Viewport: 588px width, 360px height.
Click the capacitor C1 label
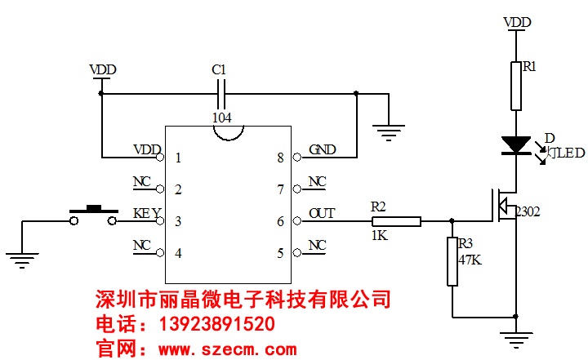pos(218,70)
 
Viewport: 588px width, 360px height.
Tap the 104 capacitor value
pos(221,118)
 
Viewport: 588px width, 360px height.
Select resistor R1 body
pos(516,86)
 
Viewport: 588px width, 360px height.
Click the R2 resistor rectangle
pos(398,220)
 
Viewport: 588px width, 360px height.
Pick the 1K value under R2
pos(380,235)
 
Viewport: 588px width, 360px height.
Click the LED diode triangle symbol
pos(516,145)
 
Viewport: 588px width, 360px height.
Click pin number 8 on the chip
pos(280,158)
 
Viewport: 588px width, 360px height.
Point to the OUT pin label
pos(322,214)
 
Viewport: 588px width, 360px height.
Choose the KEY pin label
pos(146,214)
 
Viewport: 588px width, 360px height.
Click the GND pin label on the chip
pos(322,150)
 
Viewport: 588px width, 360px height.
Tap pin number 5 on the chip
pos(280,253)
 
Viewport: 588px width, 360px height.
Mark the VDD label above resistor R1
pos(517,22)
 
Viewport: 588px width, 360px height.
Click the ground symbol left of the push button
pos(22,260)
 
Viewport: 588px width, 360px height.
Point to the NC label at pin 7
pos(317,182)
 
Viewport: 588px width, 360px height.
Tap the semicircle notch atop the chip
pos(228,131)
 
